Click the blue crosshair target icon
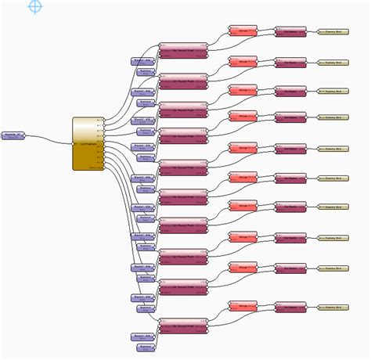click(35, 6)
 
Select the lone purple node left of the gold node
click(13, 136)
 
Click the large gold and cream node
click(88, 142)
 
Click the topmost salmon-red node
click(242, 31)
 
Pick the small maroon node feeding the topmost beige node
click(290, 34)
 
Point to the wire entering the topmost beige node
click(312, 33)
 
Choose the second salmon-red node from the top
click(242, 60)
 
